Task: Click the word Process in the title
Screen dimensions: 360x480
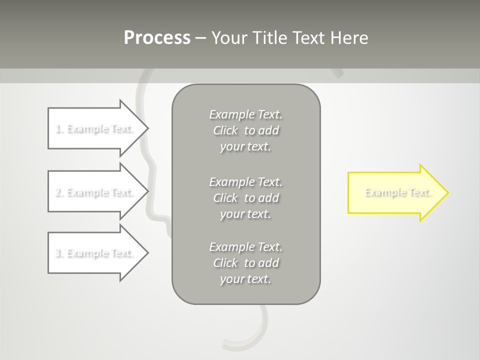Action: [157, 38]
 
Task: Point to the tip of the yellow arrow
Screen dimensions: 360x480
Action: [447, 192]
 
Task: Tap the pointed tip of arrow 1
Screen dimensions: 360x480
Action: [146, 128]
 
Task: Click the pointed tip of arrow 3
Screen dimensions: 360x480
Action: [146, 253]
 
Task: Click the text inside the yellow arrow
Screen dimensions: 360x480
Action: [397, 192]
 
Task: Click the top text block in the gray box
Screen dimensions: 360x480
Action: [246, 130]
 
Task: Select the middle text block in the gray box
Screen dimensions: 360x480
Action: [246, 197]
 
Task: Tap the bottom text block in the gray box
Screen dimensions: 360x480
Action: [246, 262]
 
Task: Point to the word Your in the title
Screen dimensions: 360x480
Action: [228, 38]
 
